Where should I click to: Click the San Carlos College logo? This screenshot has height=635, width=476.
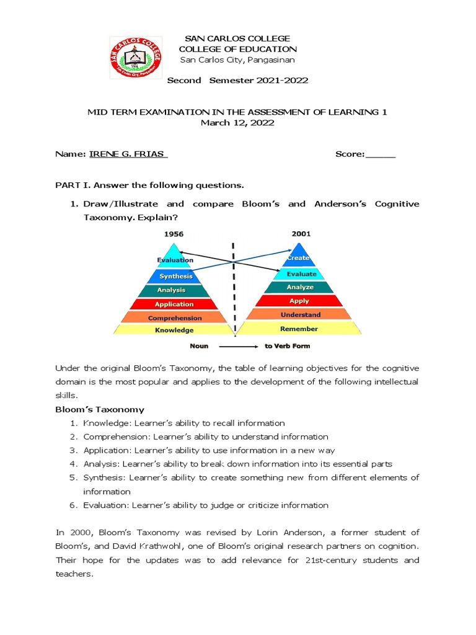136,57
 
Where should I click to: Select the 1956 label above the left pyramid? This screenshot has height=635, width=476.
174,234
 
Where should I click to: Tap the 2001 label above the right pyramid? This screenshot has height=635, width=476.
301,234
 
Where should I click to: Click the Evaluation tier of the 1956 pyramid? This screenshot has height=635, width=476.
175,260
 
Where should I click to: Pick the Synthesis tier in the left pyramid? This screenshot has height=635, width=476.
175,276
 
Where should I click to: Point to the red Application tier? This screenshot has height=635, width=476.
174,304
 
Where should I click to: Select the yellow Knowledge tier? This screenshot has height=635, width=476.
174,330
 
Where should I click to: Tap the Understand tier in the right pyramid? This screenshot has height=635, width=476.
300,315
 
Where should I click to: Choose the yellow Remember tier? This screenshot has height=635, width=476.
299,329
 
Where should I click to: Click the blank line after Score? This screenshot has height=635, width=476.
381,154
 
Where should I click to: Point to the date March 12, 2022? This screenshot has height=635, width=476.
237,123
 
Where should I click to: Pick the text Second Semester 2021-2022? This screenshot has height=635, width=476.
238,81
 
